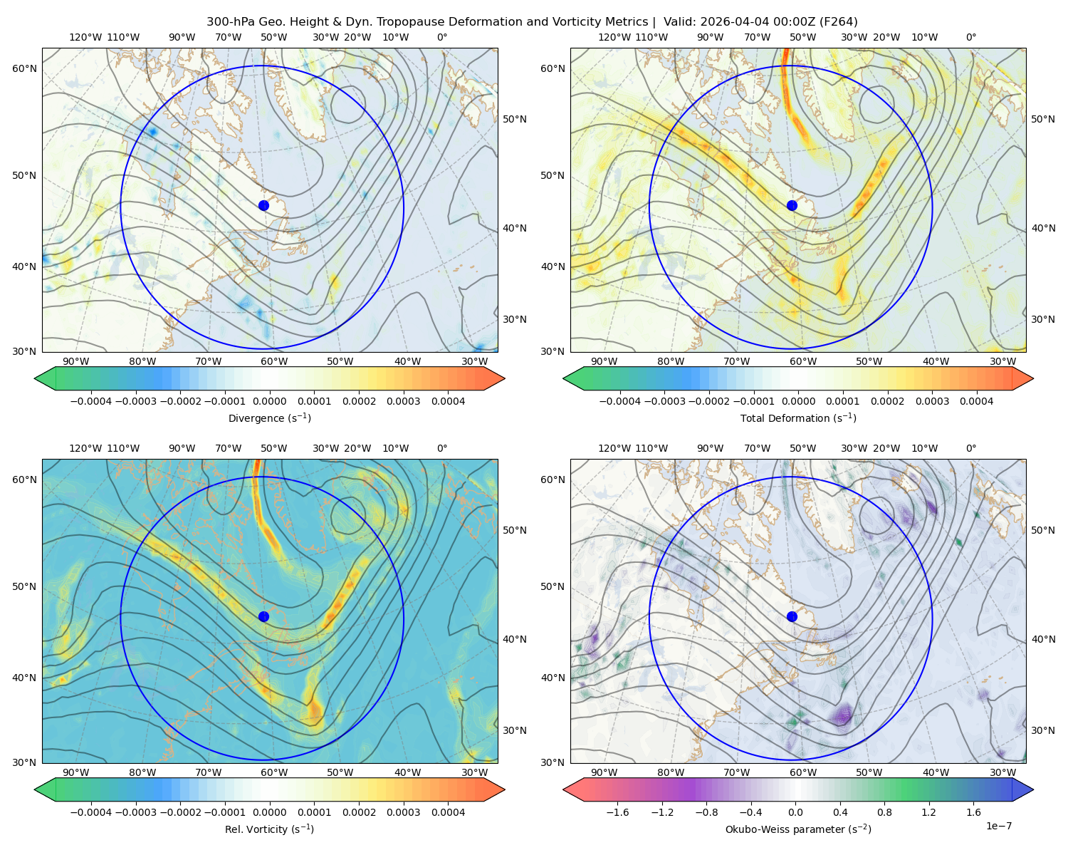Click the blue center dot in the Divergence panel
[263, 205]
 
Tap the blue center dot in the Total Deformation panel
[792, 205]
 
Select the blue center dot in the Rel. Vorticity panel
[263, 616]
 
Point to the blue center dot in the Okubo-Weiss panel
[792, 616]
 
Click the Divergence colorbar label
[269, 418]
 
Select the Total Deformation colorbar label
[798, 418]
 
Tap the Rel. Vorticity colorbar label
[269, 829]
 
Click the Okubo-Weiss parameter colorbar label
[798, 829]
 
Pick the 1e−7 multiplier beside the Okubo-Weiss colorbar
[998, 826]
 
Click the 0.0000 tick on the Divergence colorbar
[269, 401]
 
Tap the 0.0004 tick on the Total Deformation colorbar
[976, 401]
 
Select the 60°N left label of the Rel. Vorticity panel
[24, 480]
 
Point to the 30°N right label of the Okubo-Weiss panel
[1043, 730]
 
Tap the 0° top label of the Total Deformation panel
[970, 37]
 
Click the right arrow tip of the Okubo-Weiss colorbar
[1033, 789]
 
